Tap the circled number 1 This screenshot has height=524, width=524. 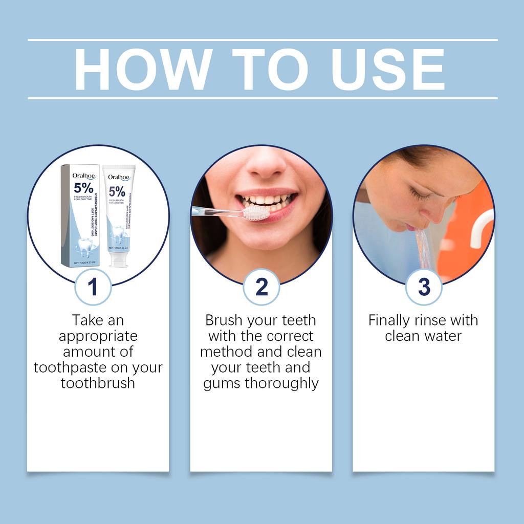(x=93, y=287)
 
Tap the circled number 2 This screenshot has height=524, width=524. (x=261, y=287)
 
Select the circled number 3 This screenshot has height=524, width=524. (x=424, y=287)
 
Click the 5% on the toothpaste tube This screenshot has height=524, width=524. (x=117, y=192)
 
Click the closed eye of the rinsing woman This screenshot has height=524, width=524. (x=421, y=195)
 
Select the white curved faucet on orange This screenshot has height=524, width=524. (x=481, y=225)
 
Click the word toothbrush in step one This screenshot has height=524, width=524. (x=98, y=383)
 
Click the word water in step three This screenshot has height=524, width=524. (x=444, y=336)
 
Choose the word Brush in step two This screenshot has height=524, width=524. (x=224, y=320)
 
